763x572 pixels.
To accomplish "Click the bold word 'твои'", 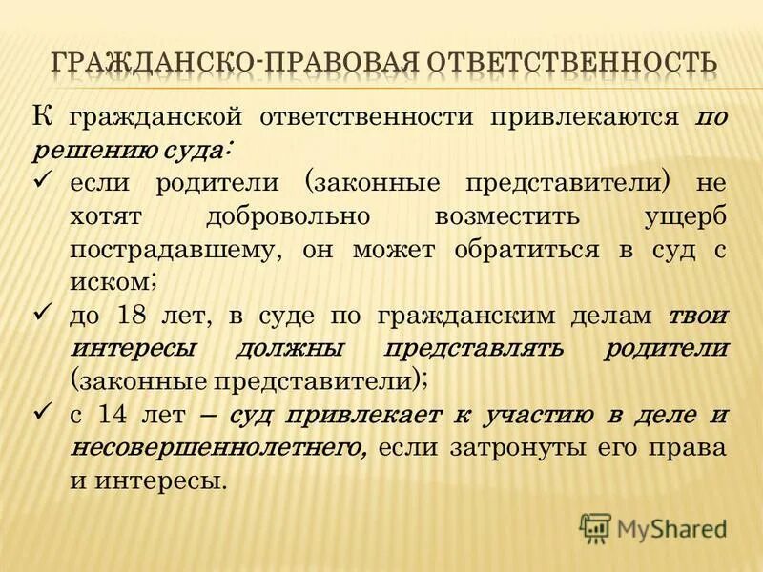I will click(x=699, y=315).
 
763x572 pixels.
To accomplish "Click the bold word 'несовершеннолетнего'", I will click(x=217, y=448).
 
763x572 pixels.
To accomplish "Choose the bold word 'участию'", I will click(x=541, y=416).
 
